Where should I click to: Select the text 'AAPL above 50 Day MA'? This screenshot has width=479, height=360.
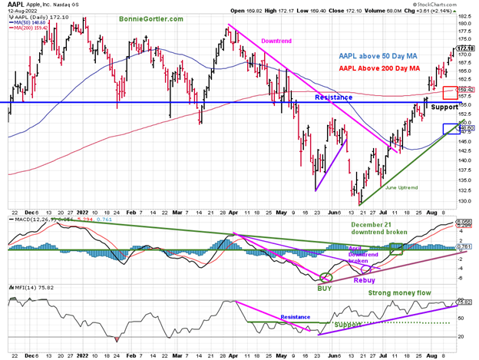[x=378, y=55]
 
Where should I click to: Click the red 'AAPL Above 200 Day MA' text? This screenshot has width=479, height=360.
[x=379, y=68]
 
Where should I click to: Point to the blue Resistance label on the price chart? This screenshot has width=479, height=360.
[x=333, y=97]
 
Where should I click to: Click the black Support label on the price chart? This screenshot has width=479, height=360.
[x=444, y=107]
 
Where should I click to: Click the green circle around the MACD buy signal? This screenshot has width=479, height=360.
[x=325, y=277]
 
